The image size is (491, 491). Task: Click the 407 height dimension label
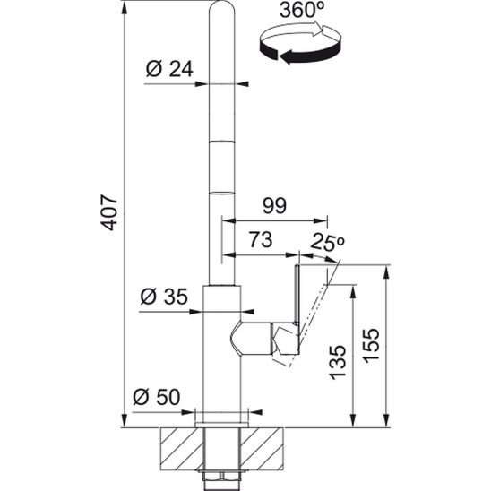109,211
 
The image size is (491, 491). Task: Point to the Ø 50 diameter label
156,396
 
